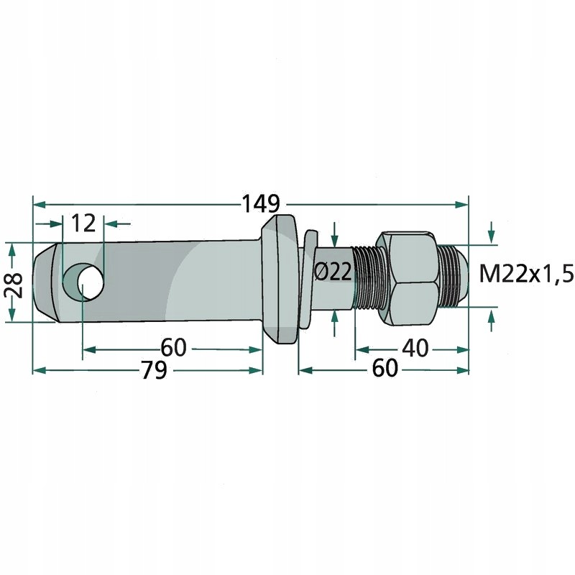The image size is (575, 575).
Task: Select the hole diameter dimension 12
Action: pyautogui.click(x=84, y=223)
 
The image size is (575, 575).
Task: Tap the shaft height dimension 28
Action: pyautogui.click(x=12, y=283)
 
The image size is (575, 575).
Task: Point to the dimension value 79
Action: pyautogui.click(x=153, y=370)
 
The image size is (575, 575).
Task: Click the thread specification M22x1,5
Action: pyautogui.click(x=527, y=274)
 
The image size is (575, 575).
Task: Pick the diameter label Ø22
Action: pyautogui.click(x=333, y=272)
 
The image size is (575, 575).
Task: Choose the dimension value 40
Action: pyautogui.click(x=415, y=348)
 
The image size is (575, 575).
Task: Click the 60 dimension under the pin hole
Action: pyautogui.click(x=173, y=348)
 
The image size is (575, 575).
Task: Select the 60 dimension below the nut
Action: pyautogui.click(x=385, y=370)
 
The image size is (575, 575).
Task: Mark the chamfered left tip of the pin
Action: pyautogui.click(x=45, y=282)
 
